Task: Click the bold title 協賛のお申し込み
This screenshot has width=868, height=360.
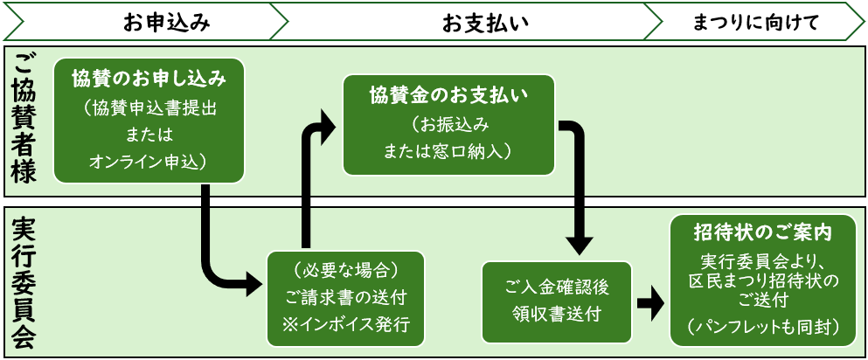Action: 149,79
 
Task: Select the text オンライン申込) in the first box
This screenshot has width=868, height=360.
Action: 149,161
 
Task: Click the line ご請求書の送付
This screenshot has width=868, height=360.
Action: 345,295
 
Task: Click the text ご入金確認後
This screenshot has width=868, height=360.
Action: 556,285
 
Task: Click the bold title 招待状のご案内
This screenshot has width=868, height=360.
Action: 761,233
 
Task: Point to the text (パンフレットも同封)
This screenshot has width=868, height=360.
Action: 761,326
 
